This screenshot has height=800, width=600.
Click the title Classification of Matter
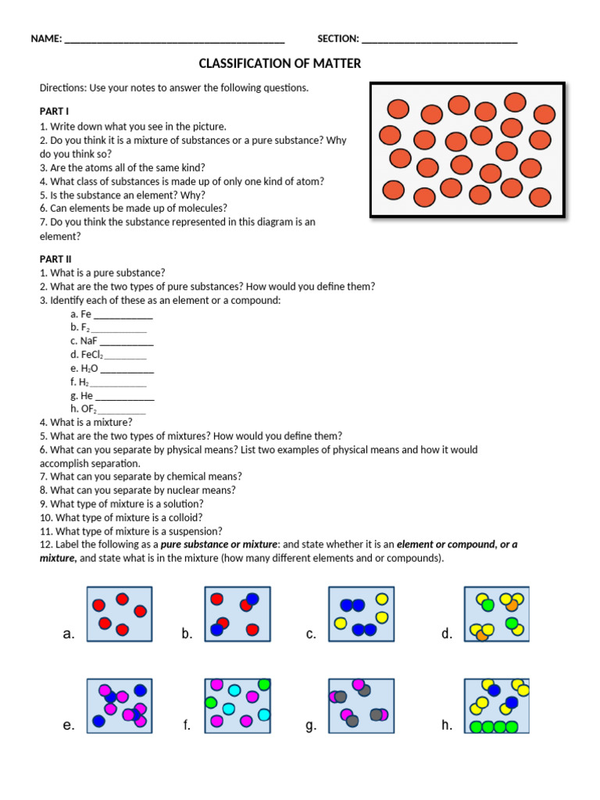(x=280, y=63)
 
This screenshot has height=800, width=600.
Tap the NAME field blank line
(x=174, y=40)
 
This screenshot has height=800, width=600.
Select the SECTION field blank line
(x=439, y=40)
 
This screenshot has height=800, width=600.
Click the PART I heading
(x=55, y=112)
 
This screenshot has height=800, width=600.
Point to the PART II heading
(x=55, y=259)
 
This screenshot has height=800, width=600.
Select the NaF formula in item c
(x=88, y=341)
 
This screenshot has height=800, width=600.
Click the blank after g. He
(x=124, y=397)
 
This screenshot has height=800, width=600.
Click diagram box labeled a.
(x=120, y=614)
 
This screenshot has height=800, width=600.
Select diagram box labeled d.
(x=496, y=614)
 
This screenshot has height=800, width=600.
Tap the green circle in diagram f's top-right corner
(x=264, y=684)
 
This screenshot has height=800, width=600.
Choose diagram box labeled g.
(x=361, y=704)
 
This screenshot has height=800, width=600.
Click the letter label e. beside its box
(x=69, y=726)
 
